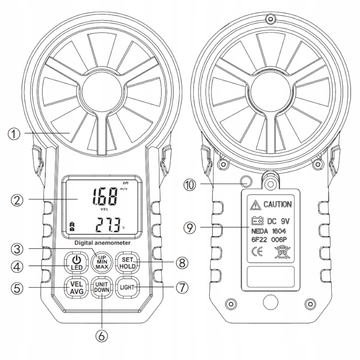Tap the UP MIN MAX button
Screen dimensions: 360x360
(102, 262)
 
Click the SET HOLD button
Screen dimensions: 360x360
(126, 262)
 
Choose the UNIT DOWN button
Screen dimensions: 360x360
(102, 288)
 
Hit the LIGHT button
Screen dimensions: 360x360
(126, 287)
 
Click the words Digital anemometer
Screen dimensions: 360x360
(102, 243)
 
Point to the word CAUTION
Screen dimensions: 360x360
(278, 205)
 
